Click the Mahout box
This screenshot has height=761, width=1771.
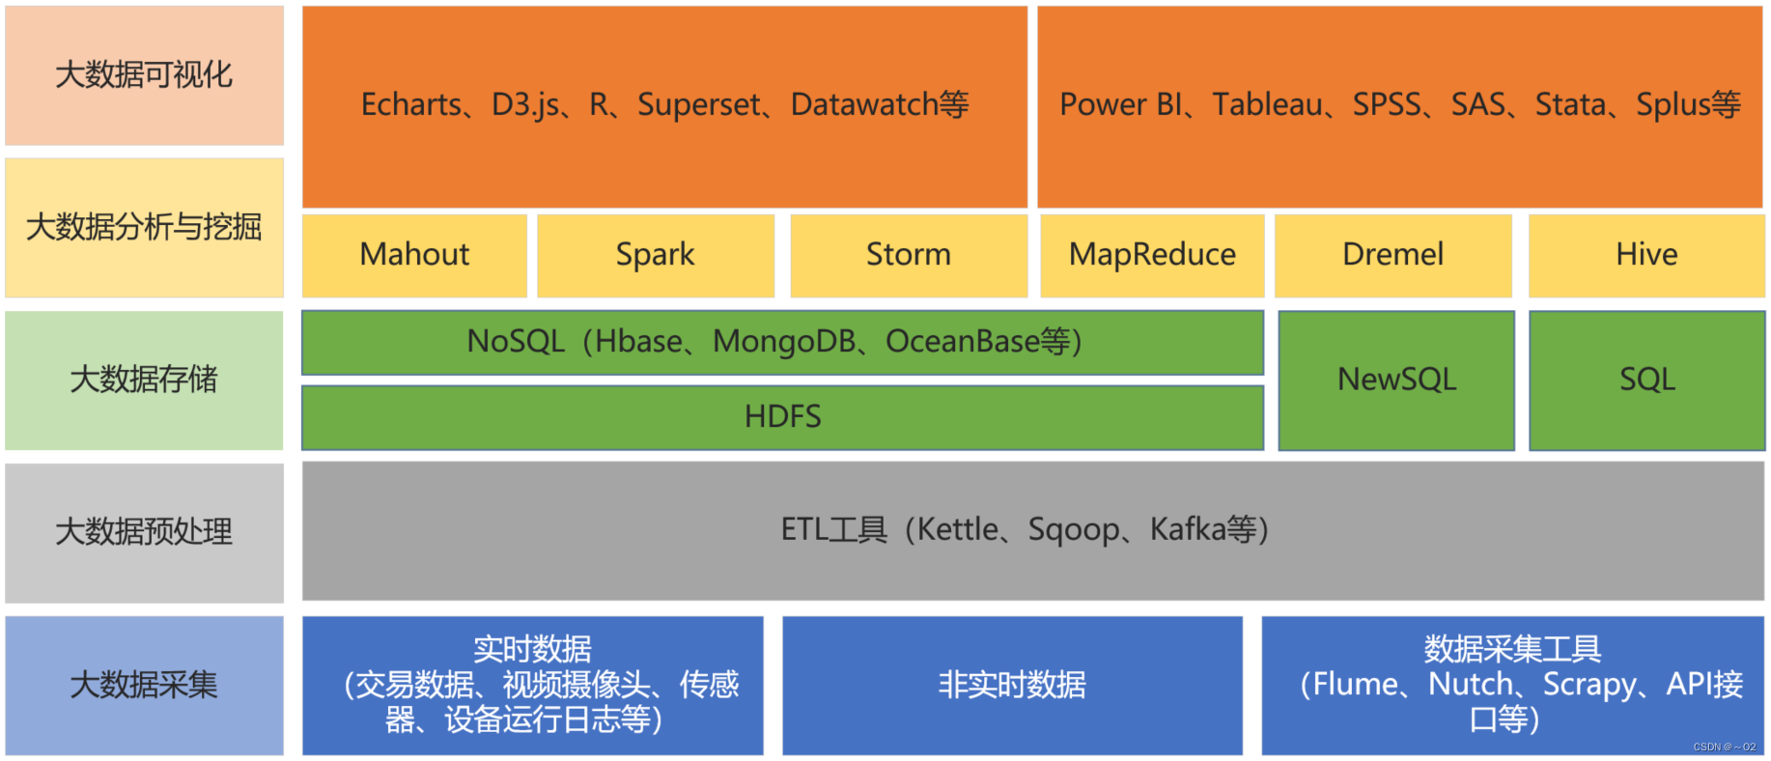click(414, 255)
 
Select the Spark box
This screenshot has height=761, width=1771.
click(655, 255)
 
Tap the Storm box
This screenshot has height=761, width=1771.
click(908, 255)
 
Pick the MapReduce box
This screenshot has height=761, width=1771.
click(1152, 255)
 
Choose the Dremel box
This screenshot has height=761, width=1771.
click(1392, 255)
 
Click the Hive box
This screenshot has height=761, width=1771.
click(1646, 255)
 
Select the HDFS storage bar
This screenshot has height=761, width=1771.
click(782, 417)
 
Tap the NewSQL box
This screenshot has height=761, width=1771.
click(1396, 380)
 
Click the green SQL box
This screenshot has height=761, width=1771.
click(1646, 380)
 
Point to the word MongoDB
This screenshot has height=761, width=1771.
click(784, 342)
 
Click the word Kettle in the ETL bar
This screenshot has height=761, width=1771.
click(957, 530)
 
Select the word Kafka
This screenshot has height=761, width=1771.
click(1187, 530)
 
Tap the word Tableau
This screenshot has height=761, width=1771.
click(1267, 104)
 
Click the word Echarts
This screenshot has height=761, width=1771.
click(410, 104)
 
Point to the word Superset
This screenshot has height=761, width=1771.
click(698, 104)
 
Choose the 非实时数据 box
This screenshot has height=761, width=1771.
click(1012, 686)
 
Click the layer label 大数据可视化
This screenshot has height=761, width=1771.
click(144, 75)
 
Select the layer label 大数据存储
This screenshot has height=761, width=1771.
click(144, 380)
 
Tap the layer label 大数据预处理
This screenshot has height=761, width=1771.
click(144, 532)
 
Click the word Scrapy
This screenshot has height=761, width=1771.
click(1588, 685)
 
